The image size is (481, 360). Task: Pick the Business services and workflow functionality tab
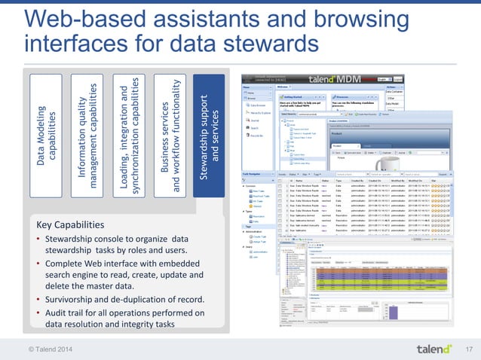(170, 132)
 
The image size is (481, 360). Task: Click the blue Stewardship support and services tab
(211, 132)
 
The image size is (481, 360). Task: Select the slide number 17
(467, 347)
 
